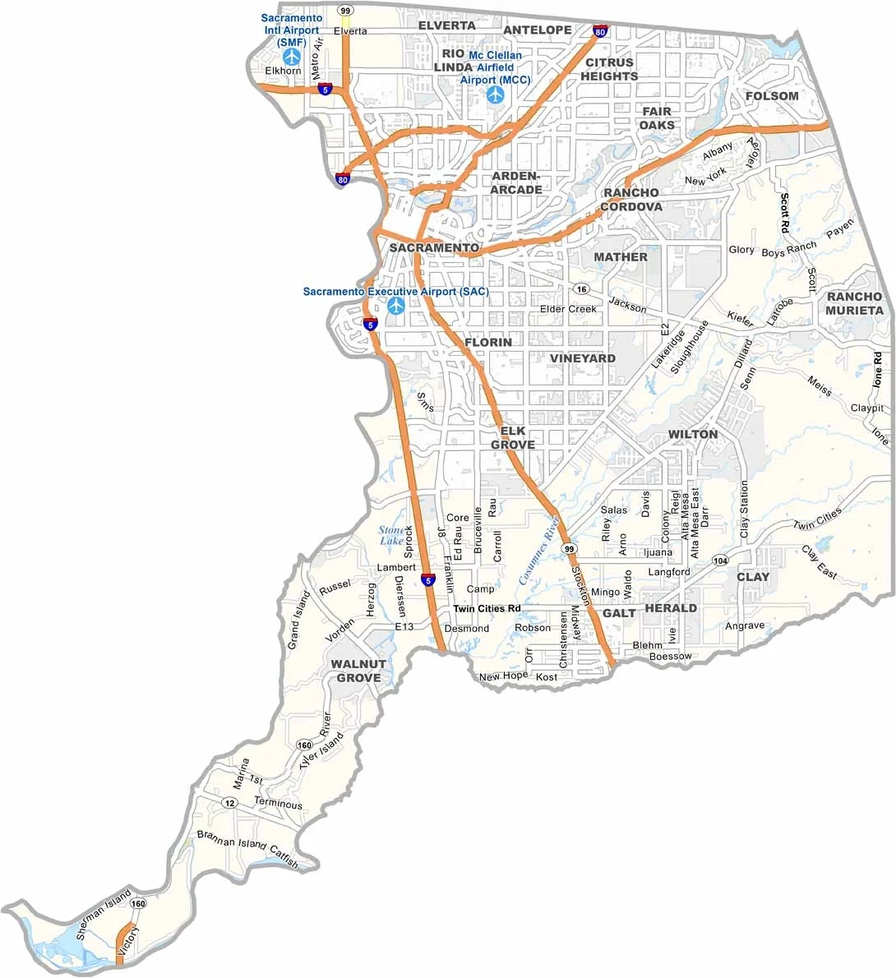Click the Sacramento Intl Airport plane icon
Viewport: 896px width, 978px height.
point(292,57)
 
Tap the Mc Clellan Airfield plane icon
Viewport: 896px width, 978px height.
point(495,95)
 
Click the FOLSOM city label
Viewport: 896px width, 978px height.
point(772,96)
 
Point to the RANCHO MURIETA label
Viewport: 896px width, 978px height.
point(855,303)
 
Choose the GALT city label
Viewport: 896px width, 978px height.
point(619,613)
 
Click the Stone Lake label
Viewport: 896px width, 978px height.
point(391,535)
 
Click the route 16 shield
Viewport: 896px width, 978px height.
point(582,289)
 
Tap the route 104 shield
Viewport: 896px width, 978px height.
point(720,561)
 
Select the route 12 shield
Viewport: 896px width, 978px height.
point(230,803)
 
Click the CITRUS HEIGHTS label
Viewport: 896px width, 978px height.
point(609,69)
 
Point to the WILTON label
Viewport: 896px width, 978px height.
point(692,434)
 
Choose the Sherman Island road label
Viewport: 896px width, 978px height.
point(104,915)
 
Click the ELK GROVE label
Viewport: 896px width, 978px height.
point(513,438)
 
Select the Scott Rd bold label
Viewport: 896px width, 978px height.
point(785,212)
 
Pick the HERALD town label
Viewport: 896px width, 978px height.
point(671,608)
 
